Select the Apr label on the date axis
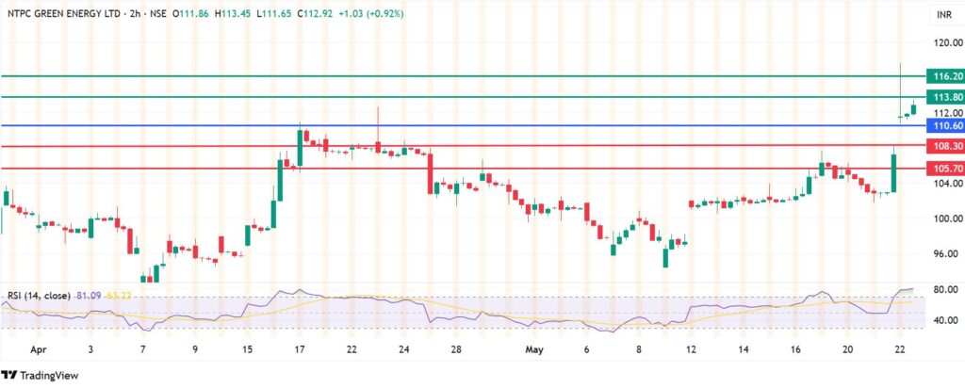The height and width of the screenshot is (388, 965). pyautogui.click(x=39, y=348)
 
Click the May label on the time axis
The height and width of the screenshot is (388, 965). pyautogui.click(x=532, y=348)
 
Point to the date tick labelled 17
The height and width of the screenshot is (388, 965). pyautogui.click(x=300, y=348)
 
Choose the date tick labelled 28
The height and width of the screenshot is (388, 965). pyautogui.click(x=455, y=348)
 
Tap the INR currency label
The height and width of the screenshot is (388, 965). pyautogui.click(x=942, y=15)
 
